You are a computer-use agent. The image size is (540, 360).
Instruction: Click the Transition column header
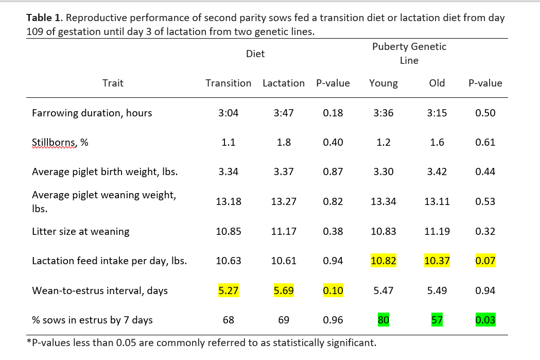(x=228, y=83)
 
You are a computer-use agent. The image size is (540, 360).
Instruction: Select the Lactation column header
(x=284, y=83)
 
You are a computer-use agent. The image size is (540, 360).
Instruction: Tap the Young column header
(x=384, y=83)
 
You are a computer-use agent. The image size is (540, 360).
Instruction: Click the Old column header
(x=437, y=83)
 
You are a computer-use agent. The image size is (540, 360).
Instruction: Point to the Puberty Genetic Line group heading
(x=409, y=54)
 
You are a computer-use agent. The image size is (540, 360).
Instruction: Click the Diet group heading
(x=255, y=54)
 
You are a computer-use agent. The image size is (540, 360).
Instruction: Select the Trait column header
(x=113, y=83)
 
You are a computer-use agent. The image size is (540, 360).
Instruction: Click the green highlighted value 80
(x=384, y=320)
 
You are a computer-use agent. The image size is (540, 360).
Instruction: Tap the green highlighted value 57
(x=437, y=320)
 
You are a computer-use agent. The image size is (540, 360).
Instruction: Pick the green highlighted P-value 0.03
(x=485, y=320)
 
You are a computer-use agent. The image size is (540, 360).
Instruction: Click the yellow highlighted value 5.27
(x=228, y=290)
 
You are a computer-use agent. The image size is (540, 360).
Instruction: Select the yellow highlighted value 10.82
(x=384, y=261)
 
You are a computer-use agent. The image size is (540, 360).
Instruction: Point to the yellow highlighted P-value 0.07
(x=485, y=261)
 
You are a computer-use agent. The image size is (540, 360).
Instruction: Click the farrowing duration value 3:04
(x=228, y=113)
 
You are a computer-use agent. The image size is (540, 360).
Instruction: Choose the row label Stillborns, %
(x=60, y=143)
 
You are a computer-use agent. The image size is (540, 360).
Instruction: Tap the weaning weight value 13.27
(x=284, y=201)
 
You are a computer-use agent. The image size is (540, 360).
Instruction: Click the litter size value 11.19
(x=437, y=231)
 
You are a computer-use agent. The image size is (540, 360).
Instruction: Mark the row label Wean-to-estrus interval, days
(x=100, y=290)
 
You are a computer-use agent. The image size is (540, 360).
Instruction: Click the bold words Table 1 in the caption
(x=44, y=18)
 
